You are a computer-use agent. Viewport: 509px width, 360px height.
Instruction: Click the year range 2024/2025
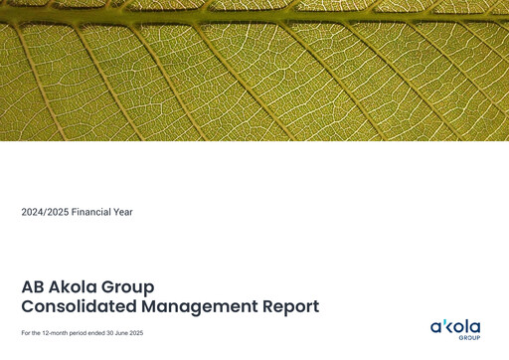pos(44,212)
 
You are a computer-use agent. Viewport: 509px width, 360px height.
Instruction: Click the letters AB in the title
pos(33,287)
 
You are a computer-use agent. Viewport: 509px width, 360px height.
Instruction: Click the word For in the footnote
pos(25,332)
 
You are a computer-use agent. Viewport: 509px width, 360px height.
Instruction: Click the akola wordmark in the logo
pos(455,327)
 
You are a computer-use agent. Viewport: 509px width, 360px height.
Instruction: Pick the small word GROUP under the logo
pos(469,338)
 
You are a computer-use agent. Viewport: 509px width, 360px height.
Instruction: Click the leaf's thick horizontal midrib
pos(254,16)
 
